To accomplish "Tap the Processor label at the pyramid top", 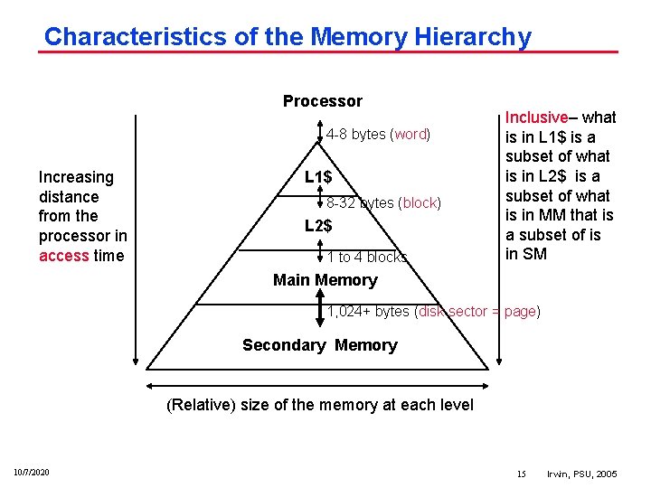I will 322,101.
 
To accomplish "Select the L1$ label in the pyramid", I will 317,177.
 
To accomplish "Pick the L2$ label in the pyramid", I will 317,226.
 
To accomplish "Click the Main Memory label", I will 325,280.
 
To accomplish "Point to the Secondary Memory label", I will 319,345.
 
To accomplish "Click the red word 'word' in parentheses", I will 410,135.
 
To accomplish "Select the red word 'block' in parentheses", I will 420,203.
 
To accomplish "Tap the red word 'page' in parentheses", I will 520,312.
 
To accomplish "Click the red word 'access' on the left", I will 63,256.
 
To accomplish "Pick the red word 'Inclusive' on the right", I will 535,117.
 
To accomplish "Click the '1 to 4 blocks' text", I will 367,258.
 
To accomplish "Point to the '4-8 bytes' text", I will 356,135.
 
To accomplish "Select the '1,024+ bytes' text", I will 368,312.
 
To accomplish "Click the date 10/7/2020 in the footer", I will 32,473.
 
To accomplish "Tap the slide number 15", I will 521,474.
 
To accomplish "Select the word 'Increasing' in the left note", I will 76,177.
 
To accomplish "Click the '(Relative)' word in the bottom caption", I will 199,405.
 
